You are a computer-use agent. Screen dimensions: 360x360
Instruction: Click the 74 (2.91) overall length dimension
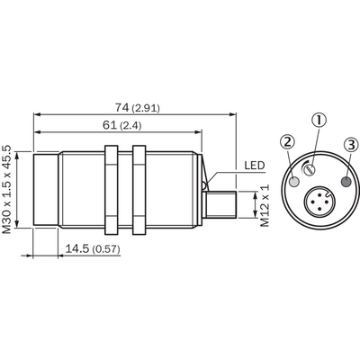[138, 108]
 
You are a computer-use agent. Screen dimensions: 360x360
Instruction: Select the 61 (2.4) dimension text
[121, 125]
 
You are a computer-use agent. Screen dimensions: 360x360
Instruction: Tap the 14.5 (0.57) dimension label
[93, 248]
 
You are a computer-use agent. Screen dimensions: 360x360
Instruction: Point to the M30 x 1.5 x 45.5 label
[7, 190]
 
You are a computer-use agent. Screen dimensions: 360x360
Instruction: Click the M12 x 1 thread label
[265, 205]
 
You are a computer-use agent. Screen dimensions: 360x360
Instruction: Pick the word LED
[255, 166]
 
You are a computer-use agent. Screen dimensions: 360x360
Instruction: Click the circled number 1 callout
[319, 120]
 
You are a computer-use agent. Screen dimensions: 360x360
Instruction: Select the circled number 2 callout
[287, 142]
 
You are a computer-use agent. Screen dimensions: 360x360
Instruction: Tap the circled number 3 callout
[351, 145]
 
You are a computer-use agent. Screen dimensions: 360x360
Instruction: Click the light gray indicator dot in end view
[294, 182]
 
